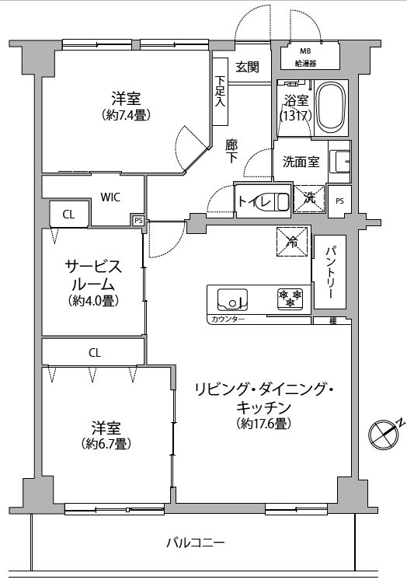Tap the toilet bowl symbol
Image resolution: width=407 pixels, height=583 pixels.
pos(282,201)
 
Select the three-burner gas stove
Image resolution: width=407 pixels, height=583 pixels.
pos(290,298)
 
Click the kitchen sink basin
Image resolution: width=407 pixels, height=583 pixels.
pos(232,299)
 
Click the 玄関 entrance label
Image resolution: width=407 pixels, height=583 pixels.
pos(247,68)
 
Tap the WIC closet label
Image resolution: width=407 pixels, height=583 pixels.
pos(110,197)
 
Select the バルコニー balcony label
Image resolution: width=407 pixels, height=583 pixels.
pos(195,543)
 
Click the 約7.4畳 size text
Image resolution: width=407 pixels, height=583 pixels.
pos(126,115)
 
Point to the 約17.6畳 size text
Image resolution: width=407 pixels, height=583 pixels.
pos(263,423)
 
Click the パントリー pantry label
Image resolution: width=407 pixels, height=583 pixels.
pos(330,272)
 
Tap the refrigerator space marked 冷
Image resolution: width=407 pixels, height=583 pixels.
pos(292,242)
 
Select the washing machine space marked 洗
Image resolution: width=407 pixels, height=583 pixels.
pos(309,198)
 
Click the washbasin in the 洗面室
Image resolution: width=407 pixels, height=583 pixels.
pos(339,162)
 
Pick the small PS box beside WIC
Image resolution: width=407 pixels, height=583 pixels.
pos(138,220)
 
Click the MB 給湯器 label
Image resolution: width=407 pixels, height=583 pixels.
pos(305,58)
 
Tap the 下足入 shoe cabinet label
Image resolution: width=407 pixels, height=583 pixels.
pos(221,91)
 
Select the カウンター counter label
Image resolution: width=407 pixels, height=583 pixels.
pos(228,319)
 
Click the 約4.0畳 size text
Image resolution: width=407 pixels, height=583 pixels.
pos(93,300)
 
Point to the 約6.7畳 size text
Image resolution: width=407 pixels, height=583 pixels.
pos(106,443)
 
